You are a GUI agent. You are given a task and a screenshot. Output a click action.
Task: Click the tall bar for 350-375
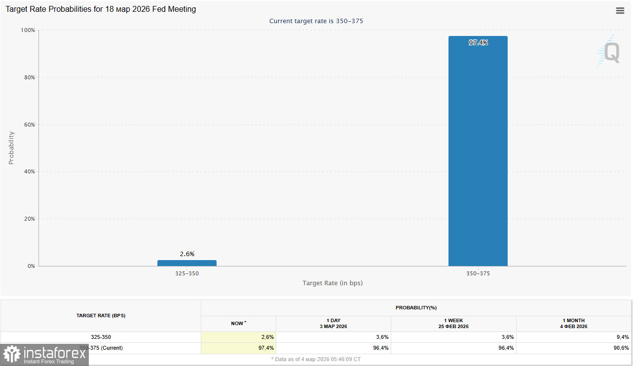coord(478,153)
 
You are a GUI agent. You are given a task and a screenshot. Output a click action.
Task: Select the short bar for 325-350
coord(186,263)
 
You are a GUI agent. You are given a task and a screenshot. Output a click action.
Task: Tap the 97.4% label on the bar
coord(478,43)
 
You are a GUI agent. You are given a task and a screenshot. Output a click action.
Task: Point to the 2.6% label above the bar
coord(187,254)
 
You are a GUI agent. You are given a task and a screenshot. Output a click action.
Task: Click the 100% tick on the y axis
coord(28,30)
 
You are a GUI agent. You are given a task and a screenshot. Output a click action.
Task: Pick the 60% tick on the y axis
coord(29,125)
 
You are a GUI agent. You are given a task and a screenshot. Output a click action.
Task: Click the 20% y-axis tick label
coord(29,219)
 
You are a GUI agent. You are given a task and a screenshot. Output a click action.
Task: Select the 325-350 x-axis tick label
coord(186,273)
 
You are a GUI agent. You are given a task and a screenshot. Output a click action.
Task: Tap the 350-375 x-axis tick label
coord(478,273)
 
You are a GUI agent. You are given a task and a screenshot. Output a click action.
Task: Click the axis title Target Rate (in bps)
coord(333,283)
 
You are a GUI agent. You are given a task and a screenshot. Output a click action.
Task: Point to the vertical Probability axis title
coord(11,148)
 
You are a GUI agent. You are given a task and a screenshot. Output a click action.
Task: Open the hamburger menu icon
coord(620,11)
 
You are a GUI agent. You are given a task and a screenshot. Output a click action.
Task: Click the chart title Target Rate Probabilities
coord(101,9)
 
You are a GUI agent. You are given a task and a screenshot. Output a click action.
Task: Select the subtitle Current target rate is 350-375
coord(316,21)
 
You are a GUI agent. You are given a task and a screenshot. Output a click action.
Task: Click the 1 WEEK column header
coord(453,323)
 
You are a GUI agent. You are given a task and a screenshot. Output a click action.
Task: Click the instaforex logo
coord(44,355)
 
